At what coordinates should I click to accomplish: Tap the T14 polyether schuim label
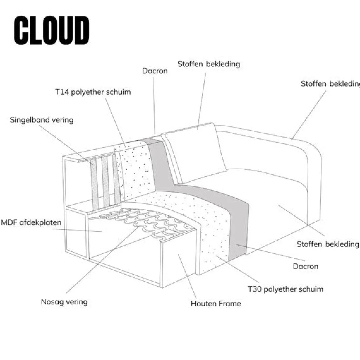(x=93, y=92)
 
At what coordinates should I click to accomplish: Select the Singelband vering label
(x=42, y=120)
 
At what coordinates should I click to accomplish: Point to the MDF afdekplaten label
(x=31, y=222)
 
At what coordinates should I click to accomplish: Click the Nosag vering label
(x=64, y=302)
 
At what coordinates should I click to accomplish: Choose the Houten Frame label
(x=216, y=303)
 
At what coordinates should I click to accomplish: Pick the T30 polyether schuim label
(x=285, y=289)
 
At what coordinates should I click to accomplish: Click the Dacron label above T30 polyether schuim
(x=305, y=266)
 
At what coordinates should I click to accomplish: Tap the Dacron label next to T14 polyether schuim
(x=155, y=71)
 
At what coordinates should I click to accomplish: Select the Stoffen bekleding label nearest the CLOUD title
(x=209, y=64)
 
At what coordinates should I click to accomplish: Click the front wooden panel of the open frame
(x=178, y=263)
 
